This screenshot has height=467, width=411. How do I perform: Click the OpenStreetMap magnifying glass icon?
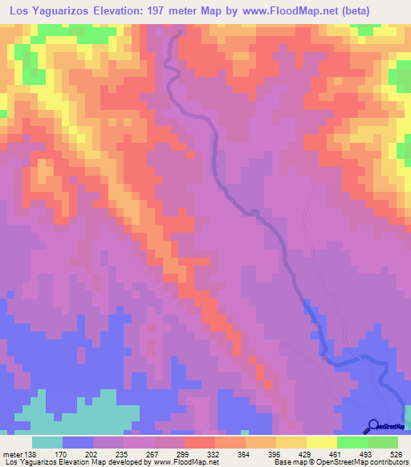tap(373, 426)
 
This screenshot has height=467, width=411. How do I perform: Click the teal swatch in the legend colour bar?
tap(48, 442)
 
